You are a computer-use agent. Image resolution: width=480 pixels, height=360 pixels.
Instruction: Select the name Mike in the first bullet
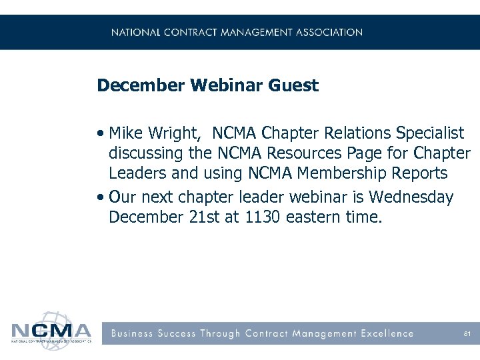pyautogui.click(x=124, y=132)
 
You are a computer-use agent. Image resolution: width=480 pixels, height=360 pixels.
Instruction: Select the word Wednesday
pyautogui.click(x=411, y=197)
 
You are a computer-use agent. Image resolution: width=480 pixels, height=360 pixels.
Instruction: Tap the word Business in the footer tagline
pyautogui.click(x=133, y=333)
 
